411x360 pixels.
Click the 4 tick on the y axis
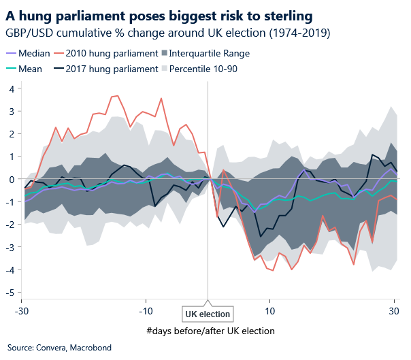[x=11, y=88]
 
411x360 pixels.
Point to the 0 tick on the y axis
[x=11, y=179]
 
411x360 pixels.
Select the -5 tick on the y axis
[x=10, y=293]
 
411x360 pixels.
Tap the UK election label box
[x=208, y=314]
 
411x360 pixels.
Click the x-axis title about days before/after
[x=210, y=331]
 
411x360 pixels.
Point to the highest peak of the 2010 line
[x=117, y=96]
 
